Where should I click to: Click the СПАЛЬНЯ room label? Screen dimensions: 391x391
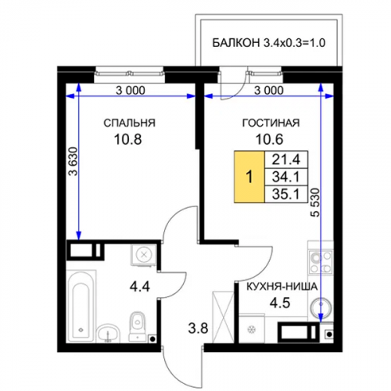click(x=129, y=123)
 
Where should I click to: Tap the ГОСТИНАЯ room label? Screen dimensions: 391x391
click(x=271, y=123)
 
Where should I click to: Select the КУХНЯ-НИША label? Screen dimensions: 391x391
click(x=282, y=287)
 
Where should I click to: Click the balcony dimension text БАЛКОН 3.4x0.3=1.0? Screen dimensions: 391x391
click(x=269, y=43)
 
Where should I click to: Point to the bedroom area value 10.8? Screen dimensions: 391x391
click(x=127, y=139)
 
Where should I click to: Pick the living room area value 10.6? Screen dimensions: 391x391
click(x=270, y=139)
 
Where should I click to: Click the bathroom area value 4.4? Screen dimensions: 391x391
click(x=140, y=287)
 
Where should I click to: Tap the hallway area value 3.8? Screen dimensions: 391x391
click(x=198, y=328)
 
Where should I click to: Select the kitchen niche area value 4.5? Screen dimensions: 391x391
click(x=280, y=303)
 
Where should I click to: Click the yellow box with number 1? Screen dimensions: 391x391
click(x=249, y=177)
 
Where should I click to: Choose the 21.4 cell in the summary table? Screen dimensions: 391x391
click(x=286, y=160)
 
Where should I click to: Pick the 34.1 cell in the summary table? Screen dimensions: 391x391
click(x=286, y=177)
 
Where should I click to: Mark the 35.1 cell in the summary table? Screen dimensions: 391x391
click(x=286, y=194)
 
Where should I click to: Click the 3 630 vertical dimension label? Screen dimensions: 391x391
click(x=73, y=162)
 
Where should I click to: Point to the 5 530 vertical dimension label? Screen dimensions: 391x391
click(x=315, y=203)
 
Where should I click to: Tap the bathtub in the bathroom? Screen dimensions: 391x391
click(x=81, y=307)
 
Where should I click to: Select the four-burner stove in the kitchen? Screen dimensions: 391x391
click(x=321, y=262)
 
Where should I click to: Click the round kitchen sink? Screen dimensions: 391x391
click(x=321, y=307)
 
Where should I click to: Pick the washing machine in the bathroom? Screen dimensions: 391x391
click(x=144, y=255)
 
